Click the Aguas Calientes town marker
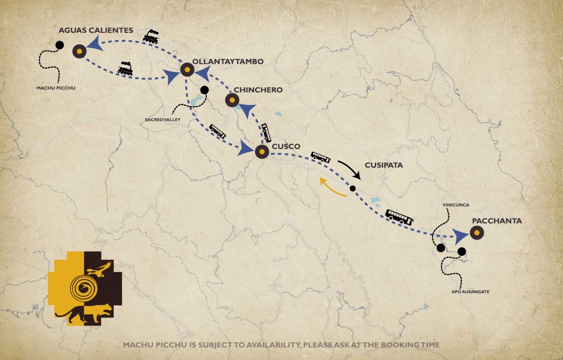coord(80,51)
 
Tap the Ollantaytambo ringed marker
coord(186,70)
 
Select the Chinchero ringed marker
coord(231,100)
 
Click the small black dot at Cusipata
coord(352,189)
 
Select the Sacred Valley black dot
coord(205,90)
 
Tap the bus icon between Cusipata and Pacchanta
coord(399,217)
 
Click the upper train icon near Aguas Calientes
coord(151,37)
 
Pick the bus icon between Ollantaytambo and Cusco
coord(217,131)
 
